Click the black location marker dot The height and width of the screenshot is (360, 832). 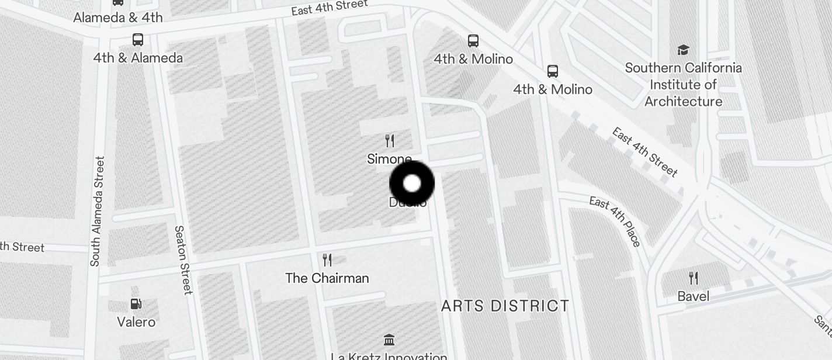(x=412, y=184)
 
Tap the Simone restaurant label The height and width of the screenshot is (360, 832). (x=389, y=159)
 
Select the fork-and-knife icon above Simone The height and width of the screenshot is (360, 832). (x=390, y=140)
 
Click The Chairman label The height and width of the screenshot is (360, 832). (x=327, y=278)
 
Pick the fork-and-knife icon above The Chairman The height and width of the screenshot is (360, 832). (x=327, y=259)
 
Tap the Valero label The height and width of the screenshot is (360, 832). (x=136, y=322)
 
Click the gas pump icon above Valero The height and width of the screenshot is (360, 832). (x=136, y=304)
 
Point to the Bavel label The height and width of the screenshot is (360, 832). (x=694, y=296)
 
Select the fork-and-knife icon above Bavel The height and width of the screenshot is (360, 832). (x=694, y=278)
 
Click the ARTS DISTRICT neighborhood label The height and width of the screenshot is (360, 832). (x=505, y=306)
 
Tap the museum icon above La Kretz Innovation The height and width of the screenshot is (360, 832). (x=389, y=340)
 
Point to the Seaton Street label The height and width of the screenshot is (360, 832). (x=183, y=260)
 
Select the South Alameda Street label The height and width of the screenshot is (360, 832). (x=97, y=211)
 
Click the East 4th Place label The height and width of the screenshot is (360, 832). (x=615, y=221)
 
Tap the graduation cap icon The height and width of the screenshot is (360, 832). (x=683, y=50)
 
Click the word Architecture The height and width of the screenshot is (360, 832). (x=683, y=102)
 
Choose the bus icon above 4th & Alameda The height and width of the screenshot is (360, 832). (x=138, y=40)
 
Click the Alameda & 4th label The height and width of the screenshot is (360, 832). (x=118, y=18)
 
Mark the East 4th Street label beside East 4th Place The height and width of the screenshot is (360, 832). (x=645, y=151)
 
